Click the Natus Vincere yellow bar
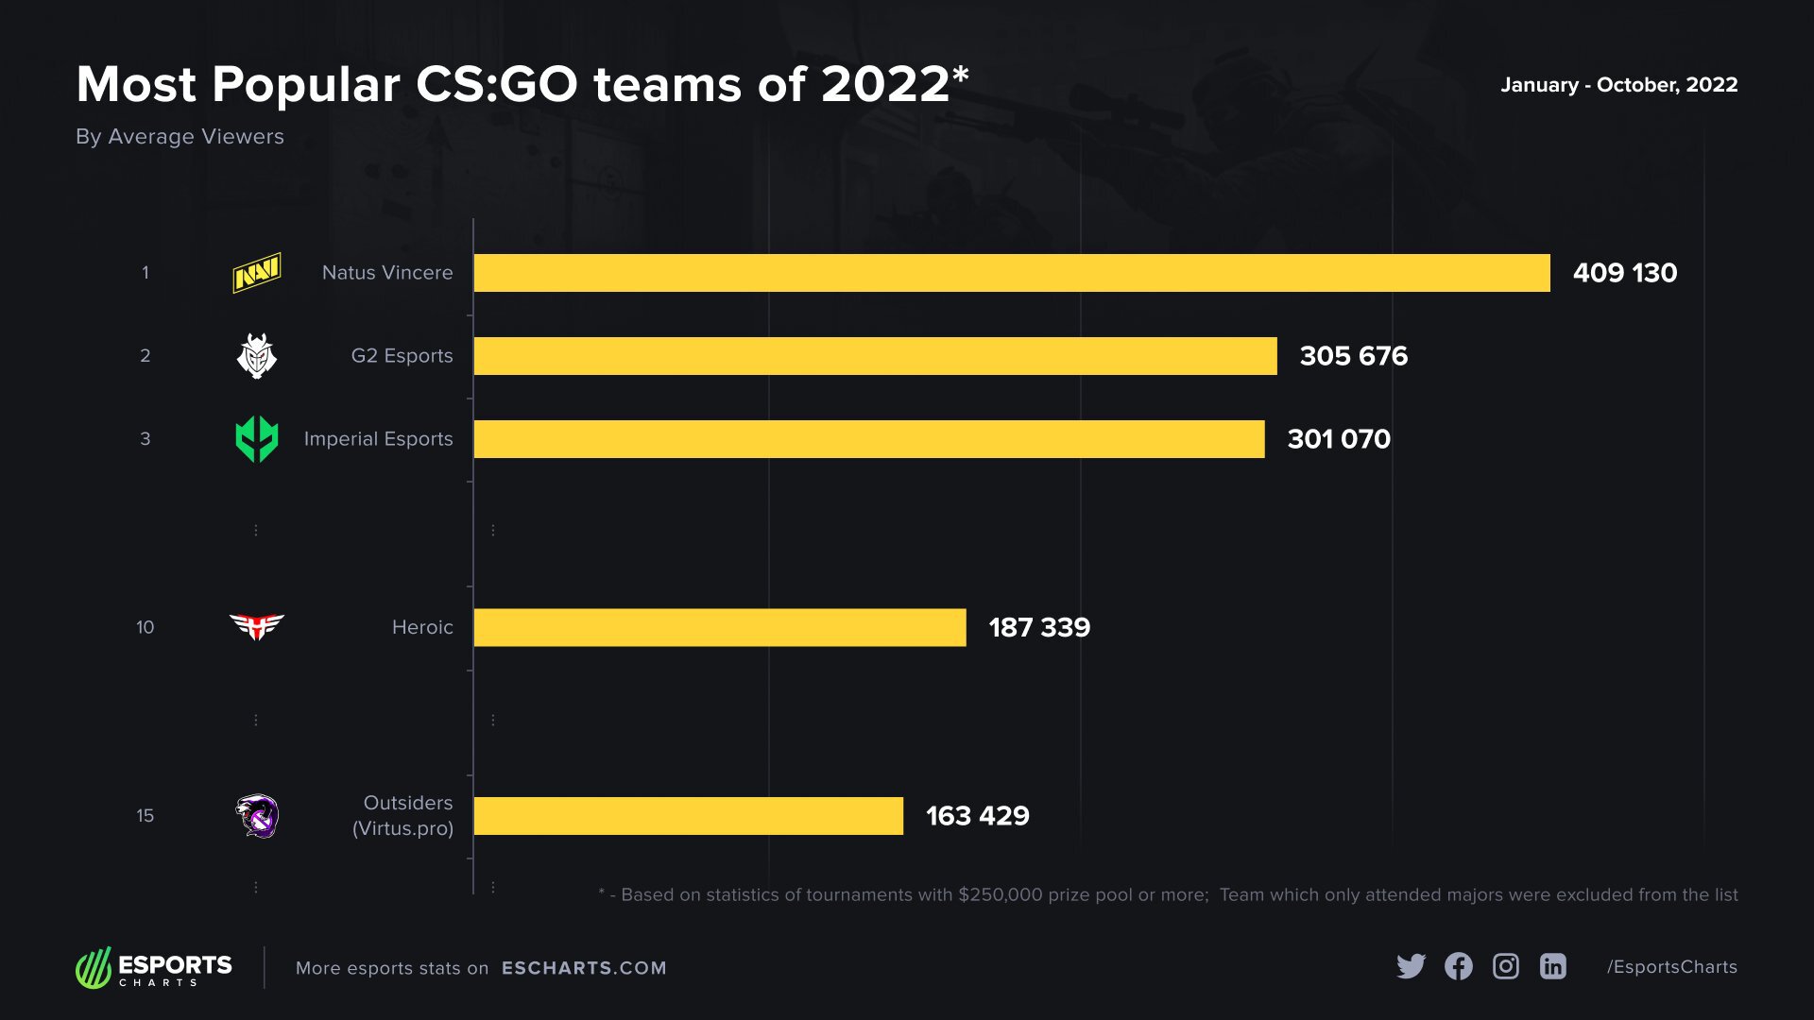(1011, 273)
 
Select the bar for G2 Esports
(875, 356)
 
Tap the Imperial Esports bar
(869, 439)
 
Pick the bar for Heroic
(720, 628)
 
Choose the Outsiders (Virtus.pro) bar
(688, 816)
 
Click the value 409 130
(1624, 273)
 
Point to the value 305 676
(1353, 356)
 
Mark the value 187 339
(1038, 628)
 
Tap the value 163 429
(977, 816)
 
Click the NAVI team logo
(257, 273)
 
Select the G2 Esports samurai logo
(256, 356)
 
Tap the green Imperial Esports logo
(256, 439)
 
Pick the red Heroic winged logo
(256, 626)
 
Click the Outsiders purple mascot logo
(257, 816)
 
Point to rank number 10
(145, 628)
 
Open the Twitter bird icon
(1411, 966)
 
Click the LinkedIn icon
(1552, 966)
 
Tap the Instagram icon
(1505, 966)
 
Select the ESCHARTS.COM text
(584, 968)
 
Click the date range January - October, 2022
(1618, 85)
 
